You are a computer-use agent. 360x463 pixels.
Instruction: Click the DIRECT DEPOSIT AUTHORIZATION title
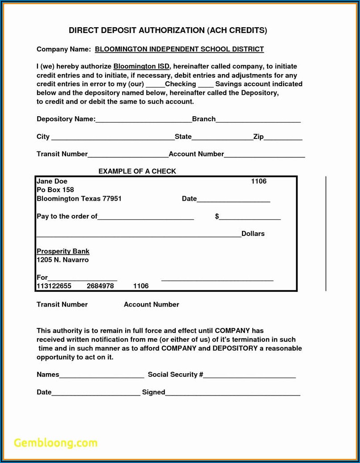[168, 30]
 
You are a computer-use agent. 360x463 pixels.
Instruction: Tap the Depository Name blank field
[144, 120]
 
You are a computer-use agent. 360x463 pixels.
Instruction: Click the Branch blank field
[258, 120]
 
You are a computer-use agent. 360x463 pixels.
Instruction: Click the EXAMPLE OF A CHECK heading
[137, 171]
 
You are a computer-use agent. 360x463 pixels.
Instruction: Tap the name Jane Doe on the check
[52, 181]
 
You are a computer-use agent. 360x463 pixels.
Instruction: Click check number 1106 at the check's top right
[258, 181]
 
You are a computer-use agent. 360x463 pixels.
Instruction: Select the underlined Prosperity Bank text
[63, 251]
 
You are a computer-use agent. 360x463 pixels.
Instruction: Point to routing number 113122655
[54, 286]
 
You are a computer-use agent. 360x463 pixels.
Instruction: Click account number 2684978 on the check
[100, 286]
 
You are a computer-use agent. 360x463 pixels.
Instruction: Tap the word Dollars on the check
[253, 234]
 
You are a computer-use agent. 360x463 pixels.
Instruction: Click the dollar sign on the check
[217, 216]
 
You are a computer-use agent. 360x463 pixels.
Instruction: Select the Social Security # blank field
[250, 376]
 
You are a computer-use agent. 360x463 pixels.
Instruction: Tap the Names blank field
[102, 376]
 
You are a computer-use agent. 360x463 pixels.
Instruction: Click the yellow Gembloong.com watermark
[55, 443]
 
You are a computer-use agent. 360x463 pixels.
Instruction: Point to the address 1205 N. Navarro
[63, 260]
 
